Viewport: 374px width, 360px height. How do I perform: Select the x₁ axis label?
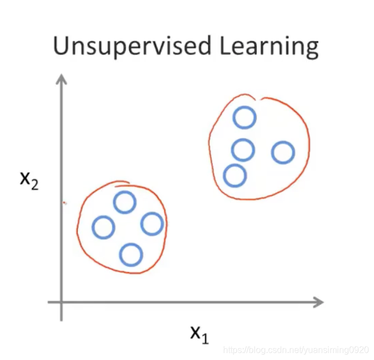click(x=199, y=334)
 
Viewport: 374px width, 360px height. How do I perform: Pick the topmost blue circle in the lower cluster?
click(x=125, y=202)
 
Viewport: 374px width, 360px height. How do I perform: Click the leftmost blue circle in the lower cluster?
click(x=103, y=227)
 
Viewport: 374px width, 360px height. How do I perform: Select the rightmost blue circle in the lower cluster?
click(x=151, y=224)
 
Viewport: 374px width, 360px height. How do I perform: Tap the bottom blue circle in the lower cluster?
click(x=131, y=254)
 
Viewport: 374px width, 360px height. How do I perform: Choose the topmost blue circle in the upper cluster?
click(x=244, y=117)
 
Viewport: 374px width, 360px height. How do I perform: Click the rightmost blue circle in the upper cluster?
click(x=283, y=152)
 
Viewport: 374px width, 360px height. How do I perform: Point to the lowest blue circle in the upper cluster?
click(x=235, y=176)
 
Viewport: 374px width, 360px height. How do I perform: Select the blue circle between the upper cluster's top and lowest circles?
click(x=243, y=149)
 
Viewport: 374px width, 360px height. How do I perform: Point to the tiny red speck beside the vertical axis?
click(x=65, y=203)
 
